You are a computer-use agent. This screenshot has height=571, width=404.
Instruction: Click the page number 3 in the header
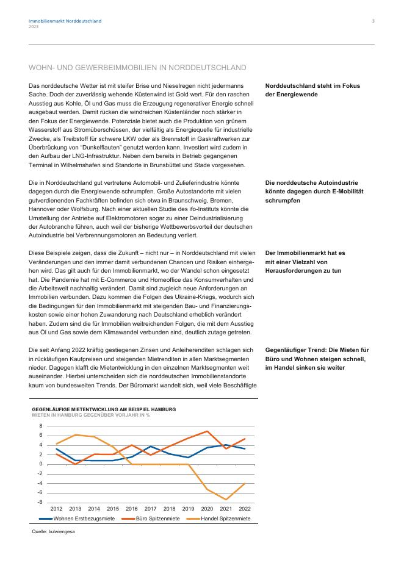[x=373, y=21]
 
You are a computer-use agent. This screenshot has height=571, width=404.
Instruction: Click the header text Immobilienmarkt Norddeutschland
[x=65, y=21]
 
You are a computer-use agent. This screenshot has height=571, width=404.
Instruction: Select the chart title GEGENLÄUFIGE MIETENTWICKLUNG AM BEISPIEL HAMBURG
[x=104, y=409]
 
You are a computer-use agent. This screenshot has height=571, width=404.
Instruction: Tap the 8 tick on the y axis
[x=41, y=426]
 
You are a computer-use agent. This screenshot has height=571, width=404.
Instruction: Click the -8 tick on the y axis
[x=40, y=501]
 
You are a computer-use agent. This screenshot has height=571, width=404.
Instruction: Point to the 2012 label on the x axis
[x=56, y=508]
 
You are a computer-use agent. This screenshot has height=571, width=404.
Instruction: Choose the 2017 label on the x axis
[x=151, y=508]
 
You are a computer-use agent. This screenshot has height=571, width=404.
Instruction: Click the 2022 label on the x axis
[x=245, y=508]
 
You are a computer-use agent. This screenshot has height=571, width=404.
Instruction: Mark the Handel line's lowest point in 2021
[x=226, y=500]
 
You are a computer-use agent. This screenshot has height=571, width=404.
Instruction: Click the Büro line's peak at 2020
[x=207, y=431]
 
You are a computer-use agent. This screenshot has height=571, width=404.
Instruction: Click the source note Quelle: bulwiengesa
[x=53, y=531]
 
